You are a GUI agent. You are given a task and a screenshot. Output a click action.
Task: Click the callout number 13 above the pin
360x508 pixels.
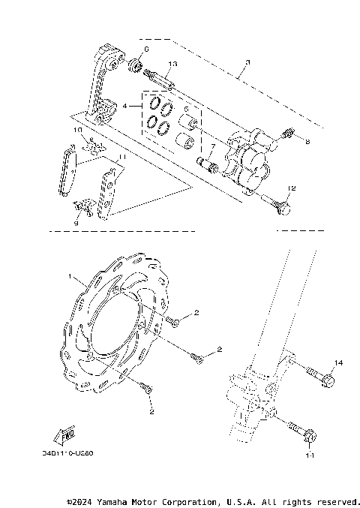click(172, 65)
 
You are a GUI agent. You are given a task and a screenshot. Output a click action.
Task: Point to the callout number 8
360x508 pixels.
click(307, 140)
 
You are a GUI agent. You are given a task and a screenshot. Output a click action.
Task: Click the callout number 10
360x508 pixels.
click(76, 130)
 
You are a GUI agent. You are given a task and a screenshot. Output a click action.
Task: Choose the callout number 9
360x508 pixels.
click(76, 222)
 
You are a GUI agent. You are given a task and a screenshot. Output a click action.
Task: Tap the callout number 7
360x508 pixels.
click(211, 147)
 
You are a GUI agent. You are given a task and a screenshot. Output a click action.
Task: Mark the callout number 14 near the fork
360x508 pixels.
click(337, 363)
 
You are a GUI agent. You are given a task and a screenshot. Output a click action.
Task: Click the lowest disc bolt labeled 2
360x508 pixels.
click(145, 387)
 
